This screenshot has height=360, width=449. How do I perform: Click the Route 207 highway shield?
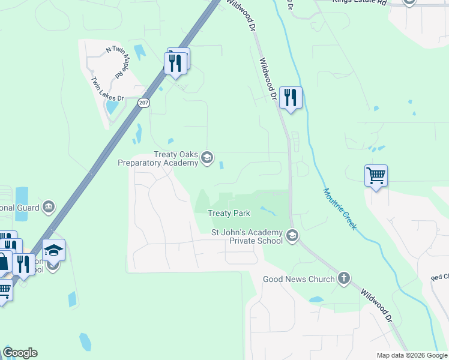click(x=142, y=103)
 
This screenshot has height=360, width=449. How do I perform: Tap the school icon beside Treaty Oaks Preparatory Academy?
click(x=207, y=158)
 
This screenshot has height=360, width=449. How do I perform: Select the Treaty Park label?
click(x=229, y=213)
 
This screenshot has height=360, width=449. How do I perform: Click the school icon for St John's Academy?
click(x=292, y=236)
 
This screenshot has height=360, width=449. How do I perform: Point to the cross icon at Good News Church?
click(x=343, y=278)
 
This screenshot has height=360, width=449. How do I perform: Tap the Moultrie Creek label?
click(x=340, y=209)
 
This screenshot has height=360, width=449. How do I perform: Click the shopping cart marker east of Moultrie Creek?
click(x=376, y=176)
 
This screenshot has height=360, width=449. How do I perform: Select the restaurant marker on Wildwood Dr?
click(x=291, y=98)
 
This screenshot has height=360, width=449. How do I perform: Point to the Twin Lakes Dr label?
click(x=107, y=89)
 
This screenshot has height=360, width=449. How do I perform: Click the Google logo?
click(x=20, y=353)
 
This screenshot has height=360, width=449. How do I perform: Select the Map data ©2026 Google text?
click(x=411, y=355)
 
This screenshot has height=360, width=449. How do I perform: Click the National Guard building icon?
click(x=49, y=208)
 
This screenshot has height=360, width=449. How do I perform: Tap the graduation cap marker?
click(x=54, y=250)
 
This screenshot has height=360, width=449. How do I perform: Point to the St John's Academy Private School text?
click(x=247, y=236)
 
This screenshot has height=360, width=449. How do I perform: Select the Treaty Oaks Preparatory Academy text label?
click(x=158, y=158)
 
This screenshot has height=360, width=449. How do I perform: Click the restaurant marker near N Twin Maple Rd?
click(x=176, y=62)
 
